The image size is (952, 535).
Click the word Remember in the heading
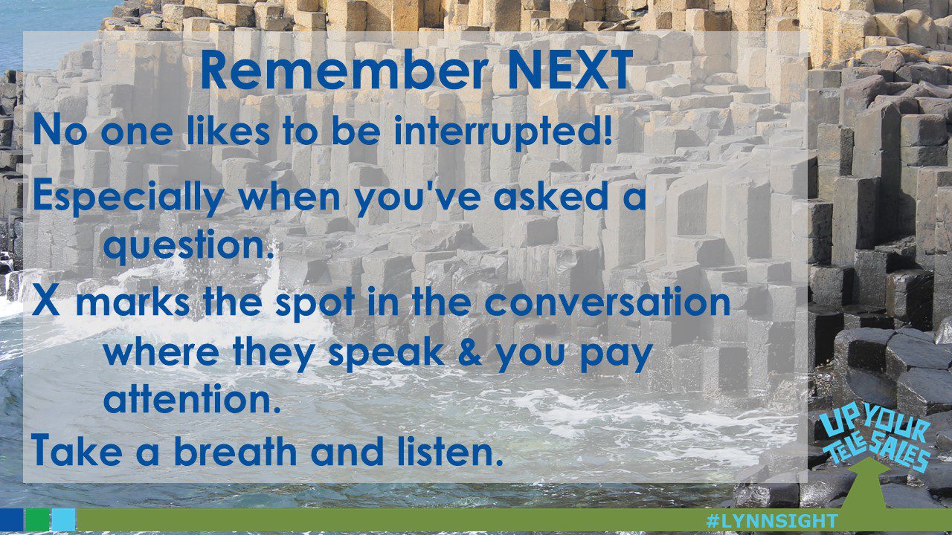(344, 70)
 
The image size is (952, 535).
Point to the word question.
(188, 246)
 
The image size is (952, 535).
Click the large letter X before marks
(45, 301)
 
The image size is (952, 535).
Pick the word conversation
(608, 302)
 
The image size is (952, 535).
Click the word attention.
(192, 398)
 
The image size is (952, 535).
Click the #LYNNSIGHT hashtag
(772, 521)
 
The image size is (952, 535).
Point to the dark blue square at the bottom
(11, 519)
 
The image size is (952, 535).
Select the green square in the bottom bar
(37, 519)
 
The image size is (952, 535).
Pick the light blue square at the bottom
(64, 519)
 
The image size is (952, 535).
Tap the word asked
(550, 196)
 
